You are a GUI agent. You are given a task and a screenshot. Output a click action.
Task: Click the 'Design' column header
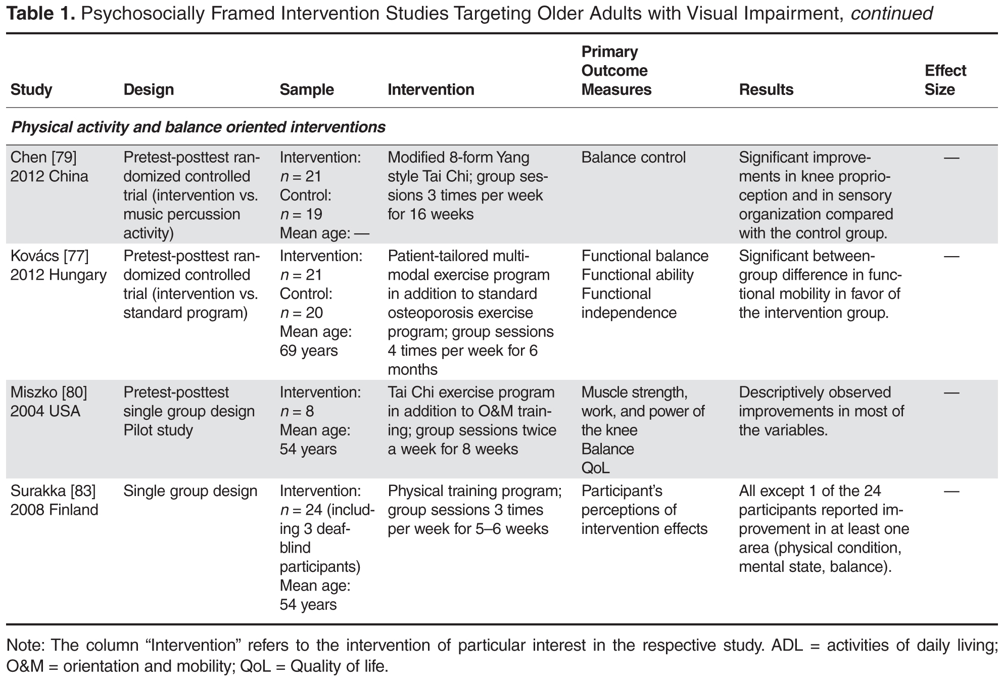coord(149,90)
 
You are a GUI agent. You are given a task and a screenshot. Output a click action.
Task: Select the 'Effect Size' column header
coord(945,80)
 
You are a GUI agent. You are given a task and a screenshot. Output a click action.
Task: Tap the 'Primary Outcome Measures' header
coord(616,71)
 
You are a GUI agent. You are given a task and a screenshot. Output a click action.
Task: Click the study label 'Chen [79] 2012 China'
coord(49,167)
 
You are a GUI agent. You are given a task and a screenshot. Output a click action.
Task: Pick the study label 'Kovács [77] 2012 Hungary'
coord(58,265)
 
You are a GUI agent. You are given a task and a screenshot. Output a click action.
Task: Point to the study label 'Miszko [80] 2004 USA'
coord(49,402)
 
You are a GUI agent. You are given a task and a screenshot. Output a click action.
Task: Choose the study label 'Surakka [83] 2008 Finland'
coord(54,500)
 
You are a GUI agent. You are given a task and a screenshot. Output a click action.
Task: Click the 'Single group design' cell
coord(190,491)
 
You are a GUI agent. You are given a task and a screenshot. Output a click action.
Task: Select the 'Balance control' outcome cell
coord(633,158)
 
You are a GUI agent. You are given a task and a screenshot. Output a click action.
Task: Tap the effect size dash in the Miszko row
coord(951,392)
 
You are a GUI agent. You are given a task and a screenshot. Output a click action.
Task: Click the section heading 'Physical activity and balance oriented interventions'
coord(198,127)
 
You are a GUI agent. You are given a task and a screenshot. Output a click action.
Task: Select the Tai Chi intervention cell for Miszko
coord(472,421)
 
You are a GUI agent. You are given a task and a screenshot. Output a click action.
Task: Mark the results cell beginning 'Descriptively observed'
coord(821,411)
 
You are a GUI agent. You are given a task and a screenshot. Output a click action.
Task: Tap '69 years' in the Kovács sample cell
coord(309,351)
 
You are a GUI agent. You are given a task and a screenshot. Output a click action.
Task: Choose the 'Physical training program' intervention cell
coord(474,510)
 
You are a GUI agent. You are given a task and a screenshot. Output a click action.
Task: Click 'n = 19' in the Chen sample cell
coord(301,215)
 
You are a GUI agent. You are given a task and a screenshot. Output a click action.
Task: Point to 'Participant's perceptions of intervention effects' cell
coord(644,510)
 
